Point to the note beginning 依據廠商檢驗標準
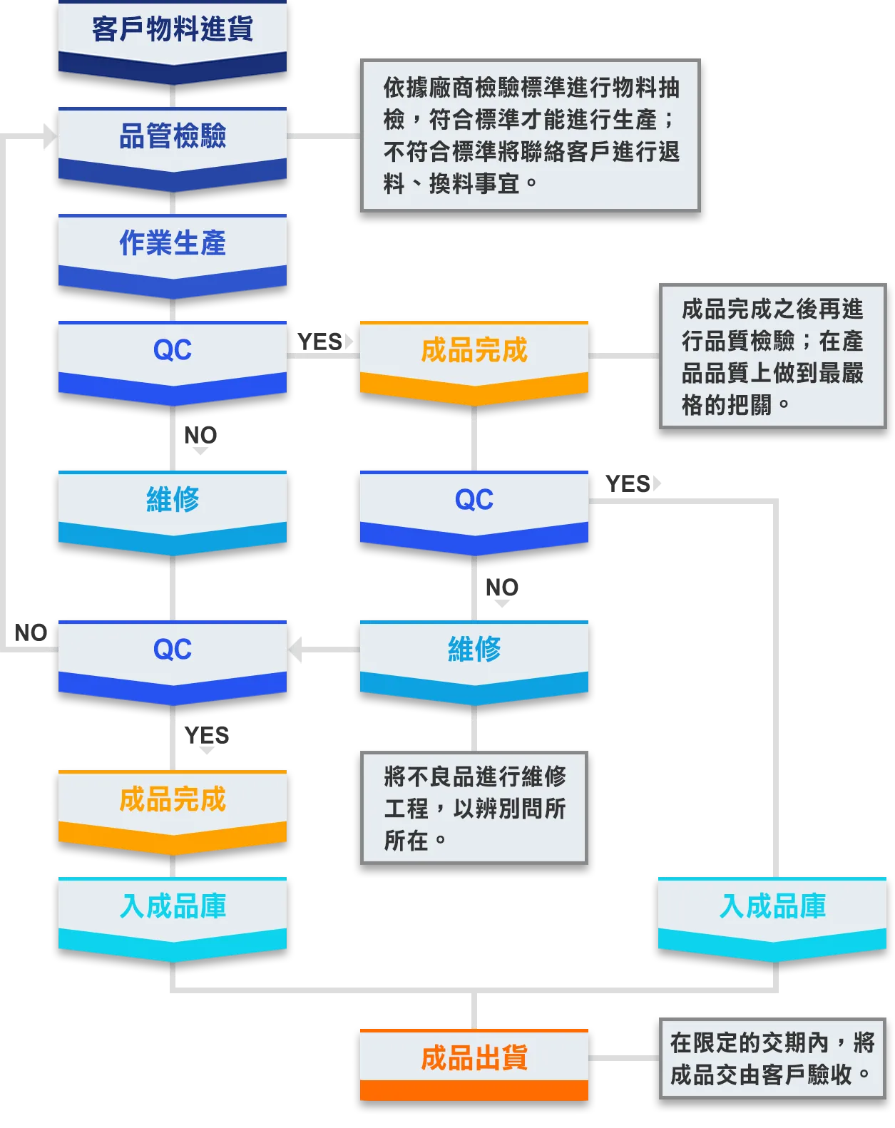click(531, 135)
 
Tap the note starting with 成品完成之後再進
click(772, 356)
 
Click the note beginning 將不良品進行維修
click(474, 807)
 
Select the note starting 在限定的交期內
click(772, 1058)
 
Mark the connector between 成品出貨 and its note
click(620, 1058)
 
